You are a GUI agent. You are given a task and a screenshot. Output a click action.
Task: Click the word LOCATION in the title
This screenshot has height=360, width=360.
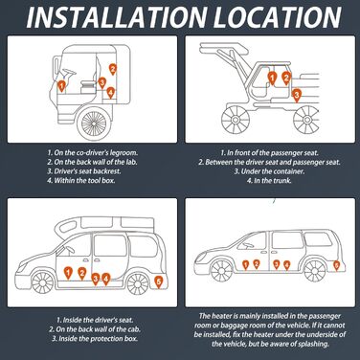click(278, 16)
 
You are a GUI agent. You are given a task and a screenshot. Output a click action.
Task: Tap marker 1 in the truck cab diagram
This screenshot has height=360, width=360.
click(61, 86)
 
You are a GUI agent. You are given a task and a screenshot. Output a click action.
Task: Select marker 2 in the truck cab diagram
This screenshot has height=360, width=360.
click(112, 69)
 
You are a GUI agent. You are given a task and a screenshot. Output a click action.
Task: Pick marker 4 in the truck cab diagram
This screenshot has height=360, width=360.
click(110, 93)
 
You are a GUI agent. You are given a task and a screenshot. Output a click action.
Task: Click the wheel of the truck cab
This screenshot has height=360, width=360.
click(94, 123)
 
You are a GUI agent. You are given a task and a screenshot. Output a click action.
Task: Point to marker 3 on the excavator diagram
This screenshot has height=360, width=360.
click(297, 95)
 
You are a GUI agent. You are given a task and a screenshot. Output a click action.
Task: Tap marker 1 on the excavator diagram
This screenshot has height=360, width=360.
click(272, 79)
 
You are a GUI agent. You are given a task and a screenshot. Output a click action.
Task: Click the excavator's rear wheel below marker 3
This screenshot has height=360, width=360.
click(306, 120)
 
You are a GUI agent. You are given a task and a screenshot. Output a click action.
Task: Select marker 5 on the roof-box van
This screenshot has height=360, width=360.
click(158, 282)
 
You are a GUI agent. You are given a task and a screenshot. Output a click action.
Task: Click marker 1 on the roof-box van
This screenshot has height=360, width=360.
click(68, 273)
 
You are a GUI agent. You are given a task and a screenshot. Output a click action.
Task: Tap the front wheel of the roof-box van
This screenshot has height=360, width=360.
click(42, 282)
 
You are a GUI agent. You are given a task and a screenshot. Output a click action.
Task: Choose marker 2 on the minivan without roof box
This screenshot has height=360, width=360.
click(257, 264)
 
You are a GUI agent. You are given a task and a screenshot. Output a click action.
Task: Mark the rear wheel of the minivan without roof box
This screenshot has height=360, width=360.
click(314, 271)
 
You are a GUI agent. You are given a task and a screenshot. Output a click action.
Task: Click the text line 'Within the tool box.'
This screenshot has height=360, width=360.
click(81, 180)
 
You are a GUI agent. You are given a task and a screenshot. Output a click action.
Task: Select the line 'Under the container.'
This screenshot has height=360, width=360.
click(269, 171)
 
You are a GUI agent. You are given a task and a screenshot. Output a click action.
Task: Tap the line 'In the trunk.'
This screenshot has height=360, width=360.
click(269, 181)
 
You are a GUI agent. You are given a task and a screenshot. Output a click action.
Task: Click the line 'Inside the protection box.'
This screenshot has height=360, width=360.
click(95, 338)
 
